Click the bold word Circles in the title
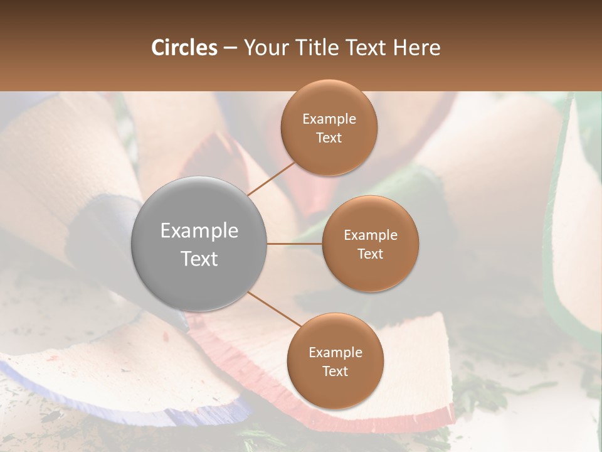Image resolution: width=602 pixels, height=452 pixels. click(x=184, y=48)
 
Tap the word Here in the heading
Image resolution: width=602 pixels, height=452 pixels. click(x=416, y=48)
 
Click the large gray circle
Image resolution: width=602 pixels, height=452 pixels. click(x=199, y=244)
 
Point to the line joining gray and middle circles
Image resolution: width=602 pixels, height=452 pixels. click(x=295, y=244)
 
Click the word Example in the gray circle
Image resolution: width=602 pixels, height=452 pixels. click(x=199, y=230)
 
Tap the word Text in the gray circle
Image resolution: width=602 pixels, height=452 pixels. click(x=199, y=258)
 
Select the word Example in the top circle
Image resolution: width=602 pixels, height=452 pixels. click(x=329, y=119)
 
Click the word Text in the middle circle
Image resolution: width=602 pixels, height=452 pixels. click(x=370, y=254)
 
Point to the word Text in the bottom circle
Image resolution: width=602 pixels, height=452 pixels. click(x=335, y=371)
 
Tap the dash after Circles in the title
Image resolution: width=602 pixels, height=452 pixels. click(x=230, y=48)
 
